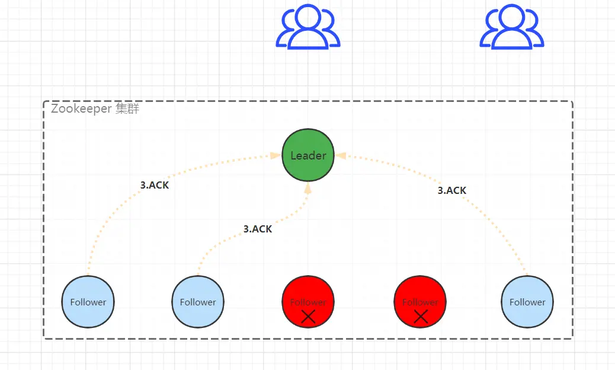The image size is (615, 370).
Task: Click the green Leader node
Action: (308, 155)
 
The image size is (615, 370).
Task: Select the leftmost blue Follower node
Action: (88, 301)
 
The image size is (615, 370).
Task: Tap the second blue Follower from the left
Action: (198, 301)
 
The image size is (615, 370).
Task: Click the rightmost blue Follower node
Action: (527, 301)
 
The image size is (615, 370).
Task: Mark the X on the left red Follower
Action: (308, 317)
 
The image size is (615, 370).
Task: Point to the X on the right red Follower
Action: (421, 317)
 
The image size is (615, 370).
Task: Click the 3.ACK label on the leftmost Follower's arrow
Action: (155, 184)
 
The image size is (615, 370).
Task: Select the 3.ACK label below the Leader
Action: (258, 229)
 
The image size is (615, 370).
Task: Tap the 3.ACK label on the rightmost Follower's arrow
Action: (452, 190)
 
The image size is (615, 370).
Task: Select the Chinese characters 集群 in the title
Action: (127, 109)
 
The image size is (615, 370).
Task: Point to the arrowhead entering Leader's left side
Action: (276, 155)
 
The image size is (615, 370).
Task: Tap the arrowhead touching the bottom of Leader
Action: (308, 188)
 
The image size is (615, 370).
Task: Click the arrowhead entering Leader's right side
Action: (341, 155)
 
